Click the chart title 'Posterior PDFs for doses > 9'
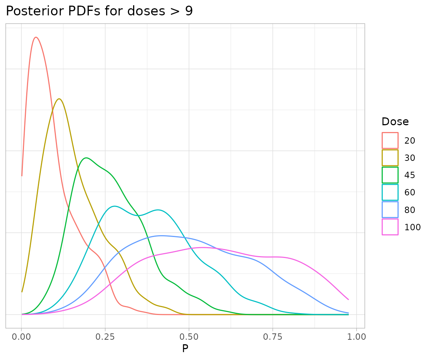tap(99, 11)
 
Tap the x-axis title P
tap(185, 349)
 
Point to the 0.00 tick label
tap(22, 336)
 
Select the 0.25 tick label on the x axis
tap(105, 336)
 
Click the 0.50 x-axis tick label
tap(189, 336)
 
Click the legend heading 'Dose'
tap(395, 122)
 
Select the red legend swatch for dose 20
tap(390, 141)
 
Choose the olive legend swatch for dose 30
tap(390, 158)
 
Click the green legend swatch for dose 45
tap(390, 175)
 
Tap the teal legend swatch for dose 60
tap(390, 192)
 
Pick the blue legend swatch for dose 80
tap(390, 210)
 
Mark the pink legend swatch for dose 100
tap(390, 227)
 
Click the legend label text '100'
tap(412, 227)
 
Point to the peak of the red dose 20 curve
tap(36, 37)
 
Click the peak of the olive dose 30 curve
tap(59, 99)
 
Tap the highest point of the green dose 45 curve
tap(86, 158)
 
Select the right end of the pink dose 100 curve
tap(348, 299)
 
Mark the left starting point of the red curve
tap(22, 175)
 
